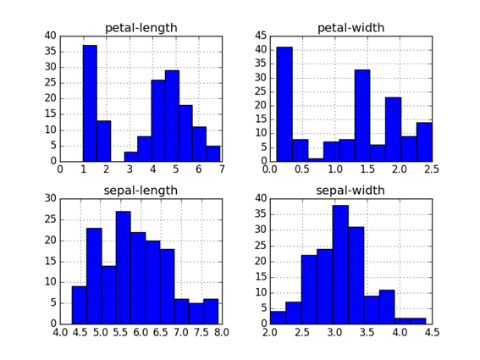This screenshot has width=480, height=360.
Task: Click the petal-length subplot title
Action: click(x=141, y=28)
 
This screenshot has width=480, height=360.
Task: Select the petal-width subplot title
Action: click(x=350, y=28)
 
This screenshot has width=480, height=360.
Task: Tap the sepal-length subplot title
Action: click(x=141, y=191)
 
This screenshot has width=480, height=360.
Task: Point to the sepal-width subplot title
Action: click(x=350, y=191)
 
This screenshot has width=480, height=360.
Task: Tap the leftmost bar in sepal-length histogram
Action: click(x=79, y=305)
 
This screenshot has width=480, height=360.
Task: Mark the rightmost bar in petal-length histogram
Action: click(x=213, y=153)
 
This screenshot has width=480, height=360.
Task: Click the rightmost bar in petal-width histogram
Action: click(x=424, y=141)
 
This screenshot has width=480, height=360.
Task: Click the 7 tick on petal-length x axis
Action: click(x=221, y=169)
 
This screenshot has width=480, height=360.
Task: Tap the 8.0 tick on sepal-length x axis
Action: click(x=221, y=331)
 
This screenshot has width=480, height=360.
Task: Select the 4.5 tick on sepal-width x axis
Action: click(x=431, y=331)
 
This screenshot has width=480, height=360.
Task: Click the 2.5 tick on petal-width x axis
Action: click(x=431, y=169)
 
